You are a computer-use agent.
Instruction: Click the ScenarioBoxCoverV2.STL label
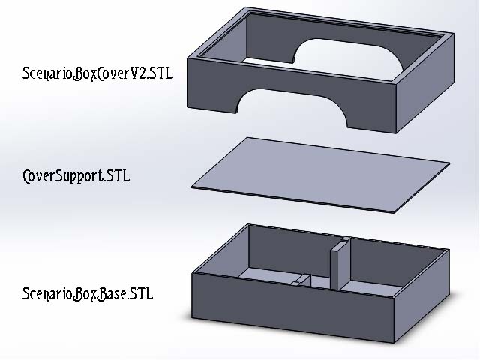[x=97, y=73]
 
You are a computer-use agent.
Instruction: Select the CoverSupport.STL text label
[x=76, y=176]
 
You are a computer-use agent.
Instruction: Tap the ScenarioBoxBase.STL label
[x=88, y=294]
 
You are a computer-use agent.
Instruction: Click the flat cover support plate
[x=320, y=175]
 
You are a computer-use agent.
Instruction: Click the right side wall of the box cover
[x=425, y=83]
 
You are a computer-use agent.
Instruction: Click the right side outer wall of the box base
[x=421, y=296]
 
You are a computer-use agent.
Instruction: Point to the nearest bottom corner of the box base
[x=394, y=343]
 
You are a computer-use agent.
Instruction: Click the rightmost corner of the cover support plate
[x=449, y=163]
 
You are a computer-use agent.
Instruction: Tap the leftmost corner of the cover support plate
[x=191, y=187]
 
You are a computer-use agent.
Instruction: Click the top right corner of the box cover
[x=454, y=33]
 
